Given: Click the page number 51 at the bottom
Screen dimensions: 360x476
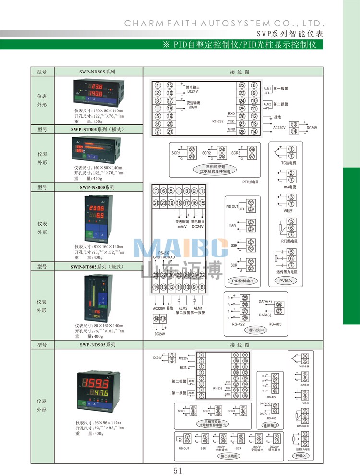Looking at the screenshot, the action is coord(178,470).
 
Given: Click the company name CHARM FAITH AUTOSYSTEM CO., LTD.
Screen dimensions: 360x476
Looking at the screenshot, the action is coord(225,23).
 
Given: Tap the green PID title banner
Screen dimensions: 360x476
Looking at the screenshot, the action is coord(242,45).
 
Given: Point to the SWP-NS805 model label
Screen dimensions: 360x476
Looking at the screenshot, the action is coord(97,187).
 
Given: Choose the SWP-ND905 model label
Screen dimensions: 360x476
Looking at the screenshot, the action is coord(98,345).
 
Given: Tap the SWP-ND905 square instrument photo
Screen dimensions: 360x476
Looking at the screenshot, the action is coord(98,390).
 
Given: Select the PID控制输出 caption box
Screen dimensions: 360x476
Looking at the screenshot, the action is coord(244,281).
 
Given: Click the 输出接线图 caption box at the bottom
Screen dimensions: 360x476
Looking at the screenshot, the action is coord(229,456).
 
